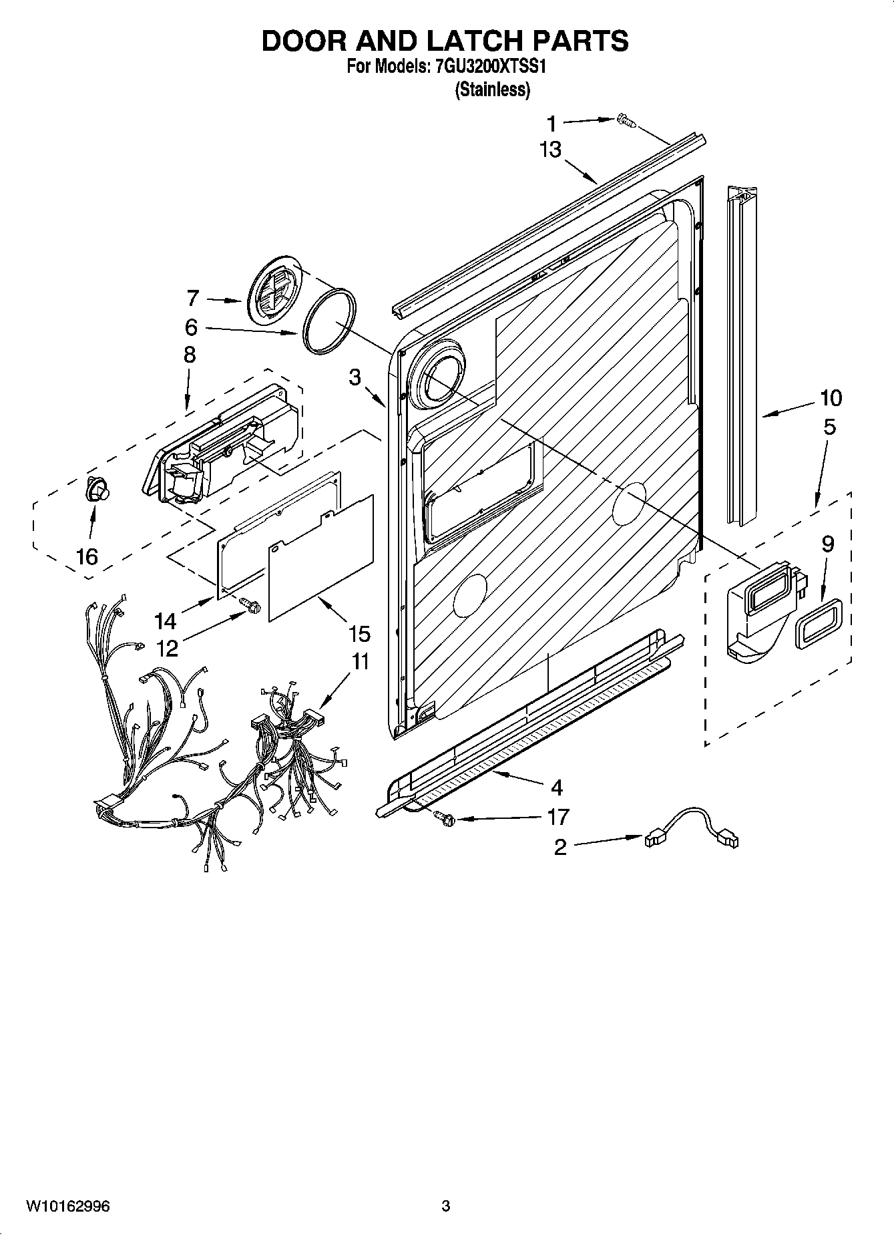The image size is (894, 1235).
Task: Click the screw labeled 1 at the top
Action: click(626, 120)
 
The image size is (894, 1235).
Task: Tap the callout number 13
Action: click(551, 150)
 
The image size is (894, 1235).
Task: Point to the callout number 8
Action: click(190, 355)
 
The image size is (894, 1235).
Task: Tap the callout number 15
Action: click(359, 633)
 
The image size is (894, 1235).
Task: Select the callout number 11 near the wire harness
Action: click(360, 662)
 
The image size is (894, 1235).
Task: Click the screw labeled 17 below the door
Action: click(443, 816)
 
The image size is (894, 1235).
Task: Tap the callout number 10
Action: click(831, 398)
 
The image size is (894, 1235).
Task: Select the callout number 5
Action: click(829, 427)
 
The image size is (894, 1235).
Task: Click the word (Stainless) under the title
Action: click(492, 90)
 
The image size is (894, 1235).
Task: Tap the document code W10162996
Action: click(69, 1206)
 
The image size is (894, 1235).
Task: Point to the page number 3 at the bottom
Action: click(446, 1206)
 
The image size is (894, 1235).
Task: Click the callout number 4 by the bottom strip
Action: click(555, 786)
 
